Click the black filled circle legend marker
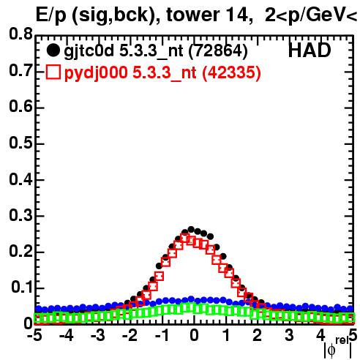(53, 50)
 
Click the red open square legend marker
(53, 72)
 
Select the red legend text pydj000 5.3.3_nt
(130, 73)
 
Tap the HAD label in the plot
(310, 50)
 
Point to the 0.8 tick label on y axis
(20, 34)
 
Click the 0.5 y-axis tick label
(20, 143)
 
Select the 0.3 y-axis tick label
(20, 215)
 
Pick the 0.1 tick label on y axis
(22, 288)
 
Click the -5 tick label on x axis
(34, 335)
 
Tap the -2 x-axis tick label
(130, 335)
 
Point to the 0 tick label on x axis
(194, 335)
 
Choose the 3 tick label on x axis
(289, 335)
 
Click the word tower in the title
(191, 15)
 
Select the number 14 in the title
(236, 15)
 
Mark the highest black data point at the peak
(191, 230)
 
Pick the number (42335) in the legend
(231, 73)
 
